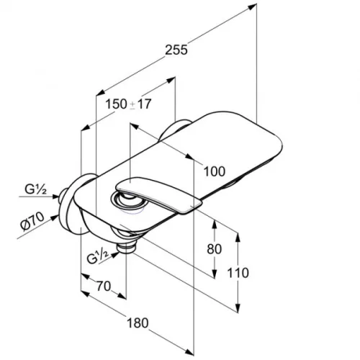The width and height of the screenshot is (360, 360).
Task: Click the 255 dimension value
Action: click(176, 50)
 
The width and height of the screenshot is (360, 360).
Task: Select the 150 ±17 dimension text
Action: click(128, 104)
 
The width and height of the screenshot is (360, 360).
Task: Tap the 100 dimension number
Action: click(215, 171)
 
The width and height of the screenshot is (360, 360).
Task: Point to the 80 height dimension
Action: click(214, 249)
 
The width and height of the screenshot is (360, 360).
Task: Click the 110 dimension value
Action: click(238, 273)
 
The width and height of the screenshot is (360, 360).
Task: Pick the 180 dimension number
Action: click(138, 323)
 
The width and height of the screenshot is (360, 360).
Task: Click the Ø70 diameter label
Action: click(32, 221)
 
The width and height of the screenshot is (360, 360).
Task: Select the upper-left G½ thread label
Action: click(36, 189)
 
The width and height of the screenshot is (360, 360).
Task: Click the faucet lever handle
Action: click(158, 194)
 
